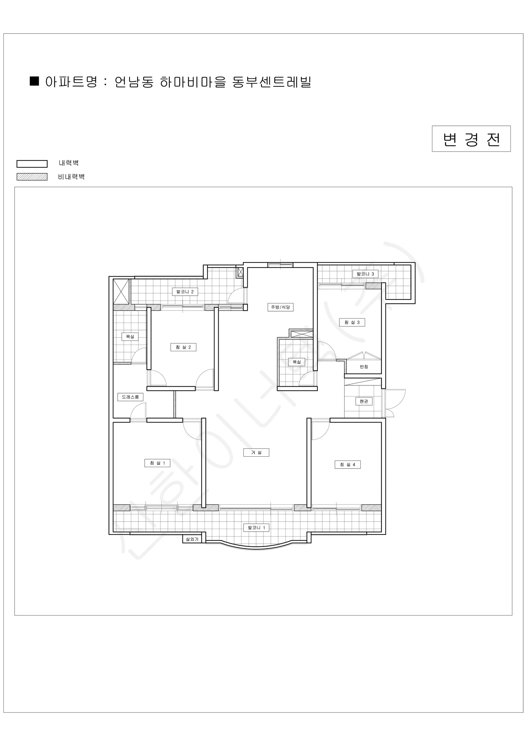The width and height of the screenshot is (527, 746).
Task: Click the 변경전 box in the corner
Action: (471, 139)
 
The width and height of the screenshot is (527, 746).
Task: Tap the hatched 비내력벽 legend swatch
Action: (32, 177)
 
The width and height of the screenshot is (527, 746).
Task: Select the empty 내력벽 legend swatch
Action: (32, 164)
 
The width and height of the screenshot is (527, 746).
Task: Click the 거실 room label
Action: (256, 452)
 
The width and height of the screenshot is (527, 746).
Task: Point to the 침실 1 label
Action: (157, 463)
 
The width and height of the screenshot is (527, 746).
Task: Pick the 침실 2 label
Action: (183, 347)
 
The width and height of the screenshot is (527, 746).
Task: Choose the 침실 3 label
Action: (352, 322)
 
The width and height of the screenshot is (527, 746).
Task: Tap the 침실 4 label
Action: (348, 465)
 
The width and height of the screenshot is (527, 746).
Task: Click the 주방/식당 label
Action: (281, 307)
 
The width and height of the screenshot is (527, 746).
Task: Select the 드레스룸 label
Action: (130, 397)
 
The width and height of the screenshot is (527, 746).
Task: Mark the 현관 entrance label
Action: (364, 401)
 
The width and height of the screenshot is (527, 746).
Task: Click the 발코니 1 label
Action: (256, 528)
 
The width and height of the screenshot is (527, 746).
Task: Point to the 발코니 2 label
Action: (185, 292)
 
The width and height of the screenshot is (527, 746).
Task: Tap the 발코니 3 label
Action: (365, 274)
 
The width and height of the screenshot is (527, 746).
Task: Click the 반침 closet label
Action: (364, 367)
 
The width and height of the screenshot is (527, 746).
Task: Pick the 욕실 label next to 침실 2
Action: (130, 337)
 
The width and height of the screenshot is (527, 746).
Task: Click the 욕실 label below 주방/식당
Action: (297, 362)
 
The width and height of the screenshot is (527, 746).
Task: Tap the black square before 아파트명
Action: (34, 81)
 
